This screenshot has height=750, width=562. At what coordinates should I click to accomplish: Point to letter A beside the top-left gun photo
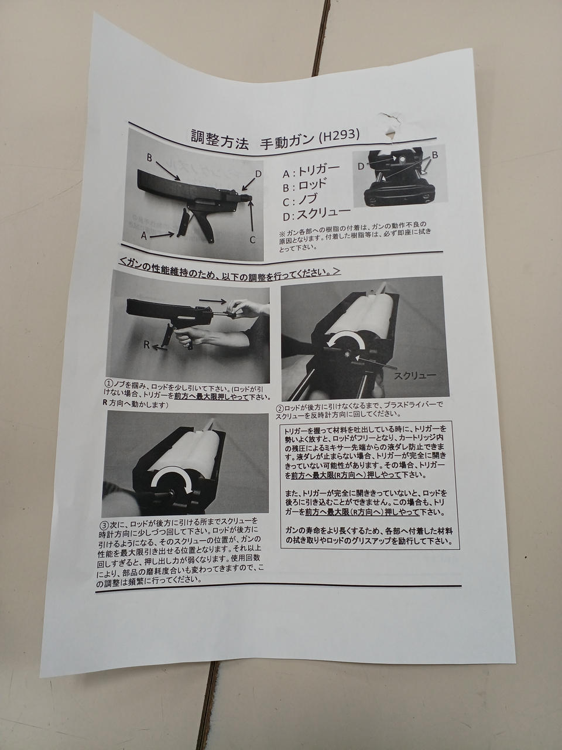pos(144,236)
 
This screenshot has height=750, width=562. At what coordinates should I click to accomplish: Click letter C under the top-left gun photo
pos(252,240)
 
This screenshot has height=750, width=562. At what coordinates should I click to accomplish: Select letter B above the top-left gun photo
pos(150,158)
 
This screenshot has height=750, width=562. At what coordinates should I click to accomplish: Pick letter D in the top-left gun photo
pos(258,173)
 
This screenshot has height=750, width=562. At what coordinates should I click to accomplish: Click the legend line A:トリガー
pos(311,170)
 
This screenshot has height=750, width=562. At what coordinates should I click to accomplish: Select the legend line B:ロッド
pos(304,186)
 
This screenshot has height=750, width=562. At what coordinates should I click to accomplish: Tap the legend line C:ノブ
pos(300,200)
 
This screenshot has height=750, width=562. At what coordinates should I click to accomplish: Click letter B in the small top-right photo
pos(435,155)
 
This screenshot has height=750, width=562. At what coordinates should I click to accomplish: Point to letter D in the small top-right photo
pos(361,166)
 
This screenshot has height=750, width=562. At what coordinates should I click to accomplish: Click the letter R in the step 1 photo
pos(146,345)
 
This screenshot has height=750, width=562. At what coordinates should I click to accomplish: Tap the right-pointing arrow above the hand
pos(213,301)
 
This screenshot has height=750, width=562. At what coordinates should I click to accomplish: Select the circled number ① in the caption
pos(108,381)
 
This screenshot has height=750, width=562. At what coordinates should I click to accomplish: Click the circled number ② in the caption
pos(280,408)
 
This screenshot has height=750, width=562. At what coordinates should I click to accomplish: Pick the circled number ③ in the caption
pos(104,524)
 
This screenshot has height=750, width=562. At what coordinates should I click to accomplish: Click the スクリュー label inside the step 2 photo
pos(415,376)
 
